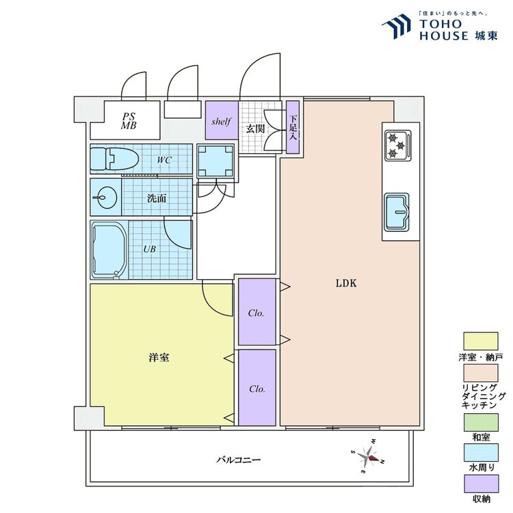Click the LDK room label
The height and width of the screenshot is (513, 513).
click(346, 283)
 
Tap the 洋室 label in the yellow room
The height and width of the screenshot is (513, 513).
click(159, 358)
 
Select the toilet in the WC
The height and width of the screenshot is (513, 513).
click(114, 159)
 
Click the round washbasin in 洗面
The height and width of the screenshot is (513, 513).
click(106, 197)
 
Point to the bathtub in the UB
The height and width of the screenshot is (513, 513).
click(109, 250)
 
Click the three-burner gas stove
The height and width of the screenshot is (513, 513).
click(398, 145)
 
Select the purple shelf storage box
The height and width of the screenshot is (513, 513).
click(222, 120)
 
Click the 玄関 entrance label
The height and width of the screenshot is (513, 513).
click(255, 129)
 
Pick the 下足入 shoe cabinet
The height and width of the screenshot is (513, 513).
click(293, 127)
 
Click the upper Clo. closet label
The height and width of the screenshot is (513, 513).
click(256, 313)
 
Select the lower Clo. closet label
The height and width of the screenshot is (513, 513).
click(257, 389)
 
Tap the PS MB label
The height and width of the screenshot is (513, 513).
click(129, 121)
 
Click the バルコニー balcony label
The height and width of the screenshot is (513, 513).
click(239, 460)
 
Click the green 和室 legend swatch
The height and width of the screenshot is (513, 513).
click(481, 423)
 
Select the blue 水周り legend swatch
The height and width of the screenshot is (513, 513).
click(481, 453)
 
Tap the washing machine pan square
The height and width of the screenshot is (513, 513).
click(215, 161)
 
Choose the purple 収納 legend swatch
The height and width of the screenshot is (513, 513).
click(482, 484)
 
